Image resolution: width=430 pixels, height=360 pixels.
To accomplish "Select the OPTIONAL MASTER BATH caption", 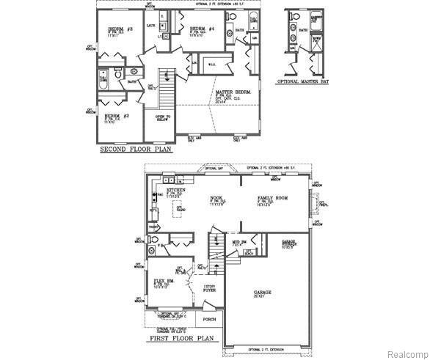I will pos(304,83).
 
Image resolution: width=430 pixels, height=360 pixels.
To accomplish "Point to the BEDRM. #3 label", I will pos(114,29).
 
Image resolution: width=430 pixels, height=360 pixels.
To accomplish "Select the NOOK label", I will pos(217,198).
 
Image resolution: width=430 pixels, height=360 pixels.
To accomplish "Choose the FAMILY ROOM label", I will pos(273,199).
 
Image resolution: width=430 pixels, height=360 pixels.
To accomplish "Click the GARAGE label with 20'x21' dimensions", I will pos(262,293).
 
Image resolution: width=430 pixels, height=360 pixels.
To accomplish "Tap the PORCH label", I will pos(210,319).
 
